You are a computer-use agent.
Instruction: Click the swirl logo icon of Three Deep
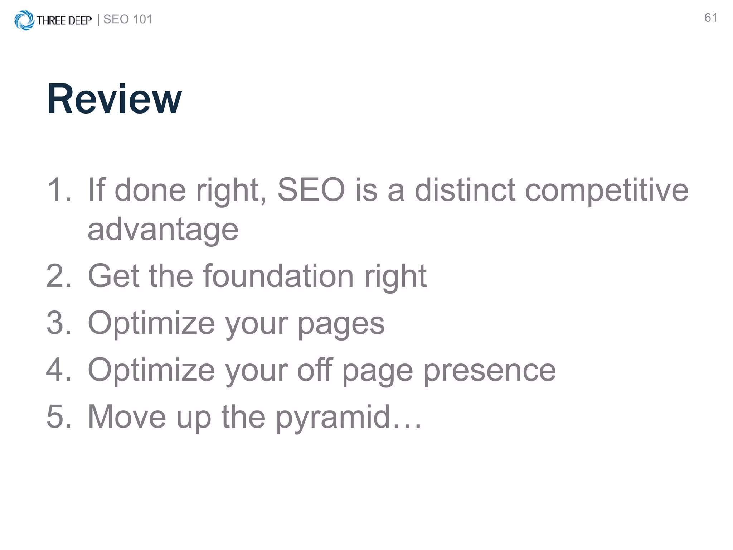(x=24, y=20)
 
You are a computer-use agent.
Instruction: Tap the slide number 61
(x=710, y=18)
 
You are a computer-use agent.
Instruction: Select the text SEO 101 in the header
(x=128, y=19)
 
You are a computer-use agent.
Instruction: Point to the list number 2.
(x=58, y=276)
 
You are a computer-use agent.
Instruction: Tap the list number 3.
(x=58, y=323)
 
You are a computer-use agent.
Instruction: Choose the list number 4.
(x=58, y=370)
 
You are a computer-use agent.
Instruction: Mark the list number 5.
(x=58, y=416)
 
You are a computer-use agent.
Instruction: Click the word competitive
(x=607, y=191)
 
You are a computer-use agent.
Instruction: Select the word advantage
(x=163, y=230)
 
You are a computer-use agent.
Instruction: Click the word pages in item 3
(x=341, y=324)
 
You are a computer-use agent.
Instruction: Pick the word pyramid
(x=333, y=418)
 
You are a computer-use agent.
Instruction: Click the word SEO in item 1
(x=311, y=190)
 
